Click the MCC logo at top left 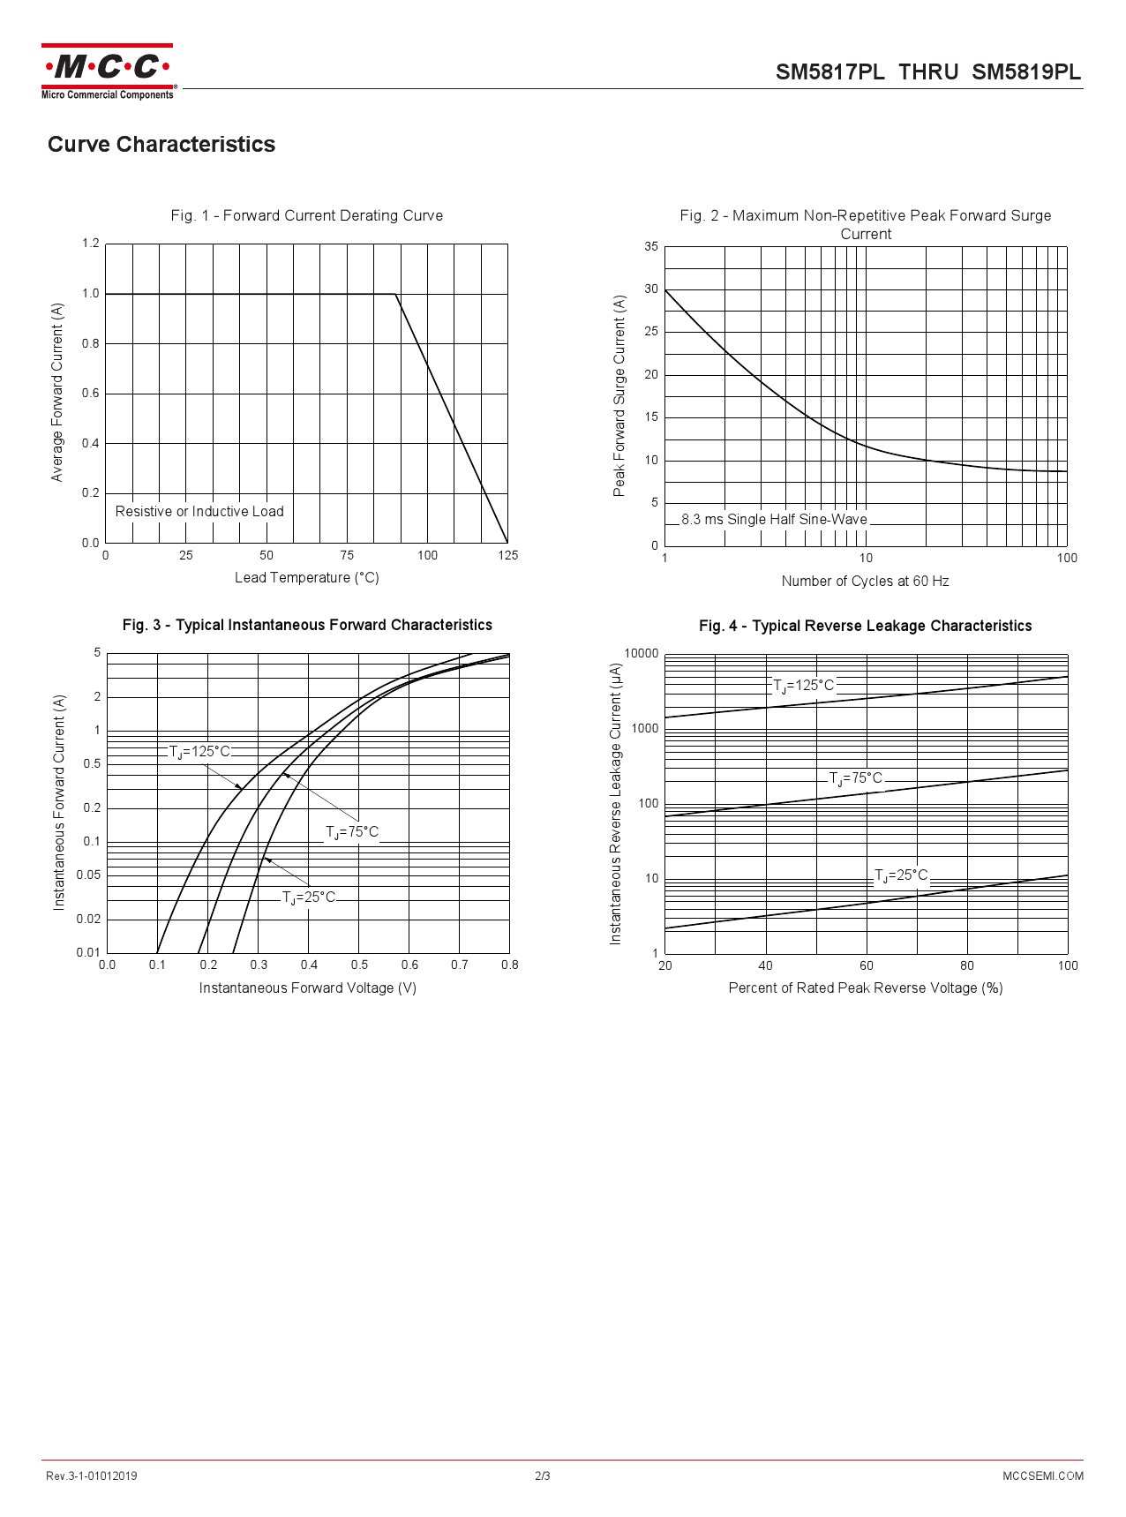pos(107,71)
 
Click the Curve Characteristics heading pos(161,145)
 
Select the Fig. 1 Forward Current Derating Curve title pos(306,215)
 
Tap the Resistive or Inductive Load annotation pos(199,512)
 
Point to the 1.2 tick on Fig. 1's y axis pos(91,244)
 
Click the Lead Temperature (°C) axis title pos(306,578)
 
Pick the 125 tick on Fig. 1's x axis pos(507,555)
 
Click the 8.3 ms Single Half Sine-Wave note pos(774,520)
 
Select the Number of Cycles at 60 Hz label pos(865,582)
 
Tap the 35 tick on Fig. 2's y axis pos(651,247)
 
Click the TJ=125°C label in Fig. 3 pos(199,752)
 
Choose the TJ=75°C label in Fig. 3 pos(352,832)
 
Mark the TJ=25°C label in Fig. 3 pos(309,897)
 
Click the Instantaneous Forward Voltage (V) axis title pos(307,988)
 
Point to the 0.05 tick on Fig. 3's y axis pos(88,875)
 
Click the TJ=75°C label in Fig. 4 pos(856,778)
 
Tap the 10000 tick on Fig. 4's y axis pos(642,654)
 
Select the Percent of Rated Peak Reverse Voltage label pos(865,988)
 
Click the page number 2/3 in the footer pos(543,1476)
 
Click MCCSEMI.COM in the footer pos(1042,1476)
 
